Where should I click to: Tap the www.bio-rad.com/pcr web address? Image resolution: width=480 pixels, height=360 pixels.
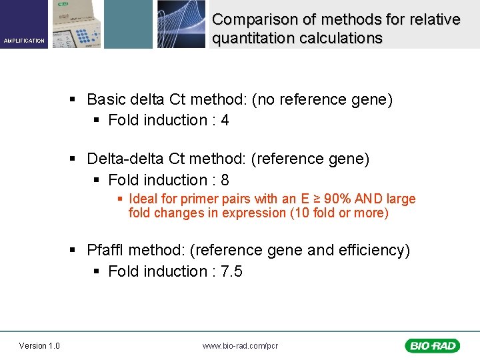pyautogui.click(x=240, y=346)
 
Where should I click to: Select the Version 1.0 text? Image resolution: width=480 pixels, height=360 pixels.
pyautogui.click(x=39, y=345)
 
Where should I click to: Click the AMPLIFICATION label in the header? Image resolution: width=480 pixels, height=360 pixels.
pyautogui.click(x=24, y=41)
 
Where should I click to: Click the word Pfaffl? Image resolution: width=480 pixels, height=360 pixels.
pyautogui.click(x=105, y=251)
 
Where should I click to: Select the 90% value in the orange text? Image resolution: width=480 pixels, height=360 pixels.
pyautogui.click(x=337, y=199)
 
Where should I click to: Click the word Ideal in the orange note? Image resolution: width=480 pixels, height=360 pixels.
pyautogui.click(x=143, y=199)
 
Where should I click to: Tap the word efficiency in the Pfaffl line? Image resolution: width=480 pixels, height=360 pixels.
pyautogui.click(x=373, y=251)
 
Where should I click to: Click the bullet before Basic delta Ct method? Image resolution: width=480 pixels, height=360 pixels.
pyautogui.click(x=75, y=101)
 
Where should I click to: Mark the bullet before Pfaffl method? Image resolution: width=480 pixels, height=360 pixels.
pyautogui.click(x=75, y=251)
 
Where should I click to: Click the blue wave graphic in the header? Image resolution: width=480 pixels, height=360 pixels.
pyautogui.click(x=181, y=24)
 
